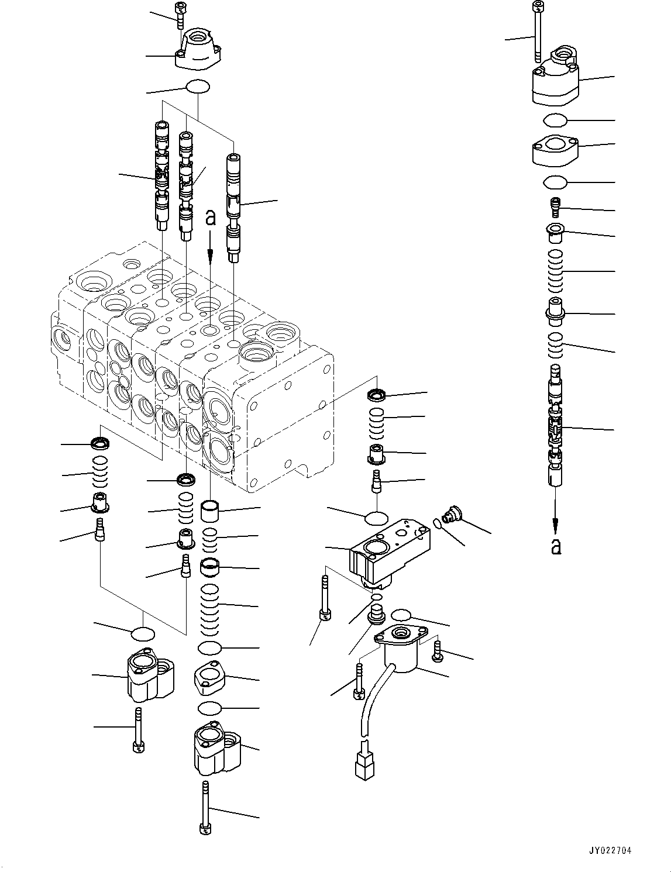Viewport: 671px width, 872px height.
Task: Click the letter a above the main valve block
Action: tap(211, 219)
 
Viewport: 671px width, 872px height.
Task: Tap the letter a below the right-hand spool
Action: tap(556, 546)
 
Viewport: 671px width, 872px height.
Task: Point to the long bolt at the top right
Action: tap(536, 32)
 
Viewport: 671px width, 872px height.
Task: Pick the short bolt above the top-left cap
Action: tap(179, 16)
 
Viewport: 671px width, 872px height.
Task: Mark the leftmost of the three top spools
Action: tap(161, 175)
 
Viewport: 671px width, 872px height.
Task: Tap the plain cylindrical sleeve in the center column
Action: tap(210, 512)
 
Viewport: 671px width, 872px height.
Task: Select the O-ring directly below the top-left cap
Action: tap(198, 87)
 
